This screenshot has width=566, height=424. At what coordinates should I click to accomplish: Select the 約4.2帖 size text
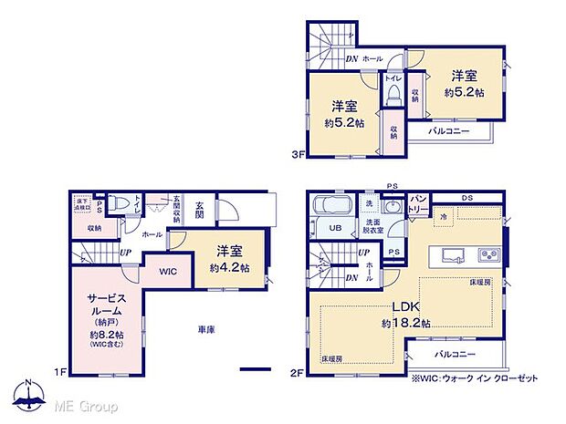(228, 267)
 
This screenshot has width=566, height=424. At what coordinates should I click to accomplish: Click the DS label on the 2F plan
(466, 197)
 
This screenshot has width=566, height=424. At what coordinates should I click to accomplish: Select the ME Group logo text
(87, 404)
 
